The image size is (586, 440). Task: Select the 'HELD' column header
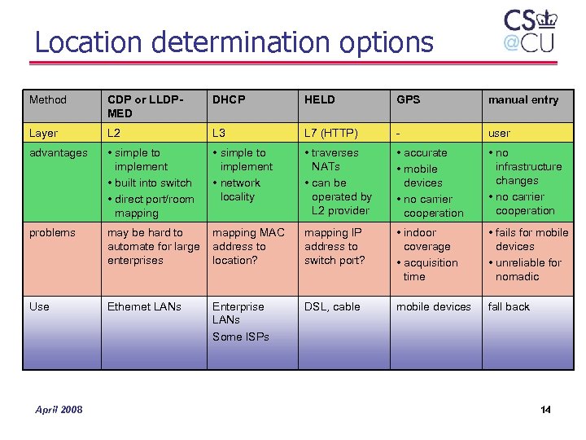pos(320,99)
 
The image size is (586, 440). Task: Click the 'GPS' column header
pos(409,99)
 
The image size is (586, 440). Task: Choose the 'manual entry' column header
pos(523,99)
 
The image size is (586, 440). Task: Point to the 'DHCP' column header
pos(229,99)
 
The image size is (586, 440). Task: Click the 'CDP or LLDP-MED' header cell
pos(145,106)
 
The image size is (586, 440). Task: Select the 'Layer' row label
pos(43,133)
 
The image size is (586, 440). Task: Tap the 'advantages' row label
pos(59,152)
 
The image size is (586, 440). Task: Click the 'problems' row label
pos(52,232)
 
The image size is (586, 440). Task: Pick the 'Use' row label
pos(39,306)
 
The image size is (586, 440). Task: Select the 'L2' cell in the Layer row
pos(114,133)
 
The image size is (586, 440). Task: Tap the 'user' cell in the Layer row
pos(499,133)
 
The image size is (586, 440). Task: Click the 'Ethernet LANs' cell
pos(145,306)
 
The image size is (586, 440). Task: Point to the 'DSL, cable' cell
pos(332,306)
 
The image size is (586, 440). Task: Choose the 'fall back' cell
pos(509,306)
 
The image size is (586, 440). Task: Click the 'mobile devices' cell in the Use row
pos(434,306)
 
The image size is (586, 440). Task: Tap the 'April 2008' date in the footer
pos(59,409)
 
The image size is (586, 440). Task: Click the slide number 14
pos(545,409)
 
